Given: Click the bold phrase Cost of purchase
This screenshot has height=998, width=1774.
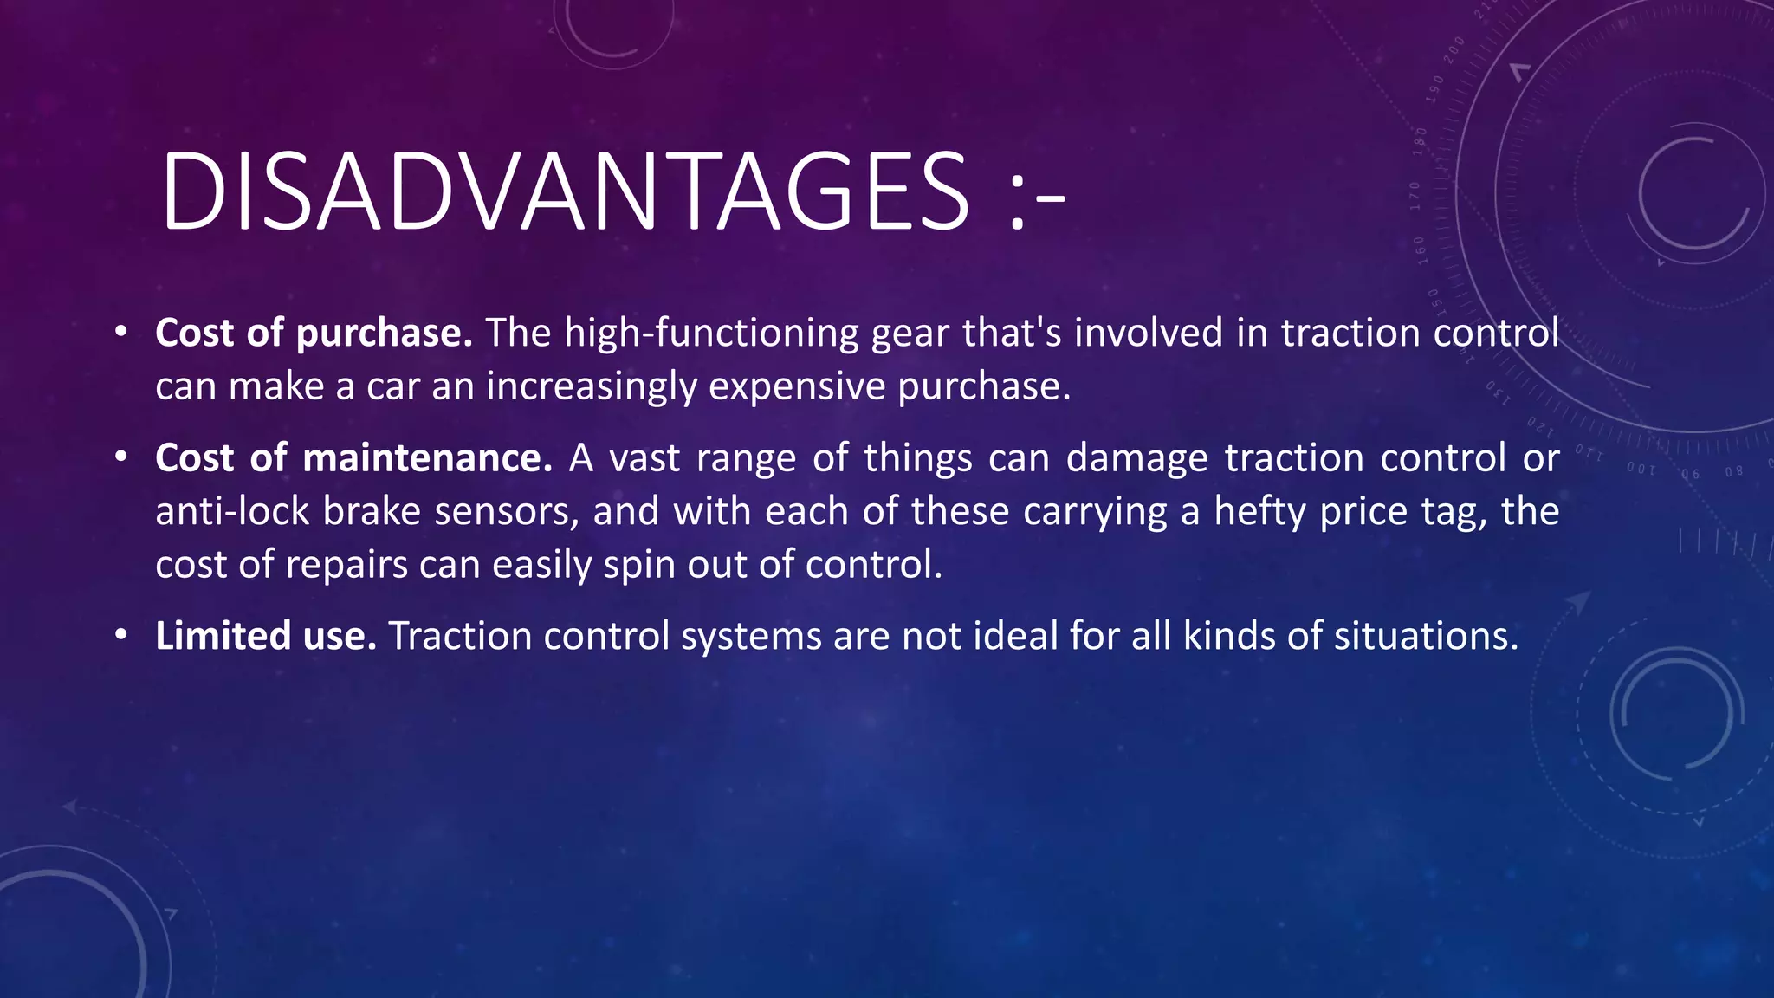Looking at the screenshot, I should (314, 333).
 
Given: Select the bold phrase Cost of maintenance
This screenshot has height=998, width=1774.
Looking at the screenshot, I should (353, 457).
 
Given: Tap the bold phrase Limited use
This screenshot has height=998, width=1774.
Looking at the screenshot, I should (265, 636).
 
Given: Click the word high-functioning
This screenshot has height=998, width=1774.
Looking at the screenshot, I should (711, 333).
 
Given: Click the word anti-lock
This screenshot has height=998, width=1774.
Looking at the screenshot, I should (232, 511).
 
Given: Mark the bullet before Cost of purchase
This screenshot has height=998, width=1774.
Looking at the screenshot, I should (121, 333).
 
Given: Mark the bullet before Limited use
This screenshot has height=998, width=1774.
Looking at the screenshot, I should (121, 636).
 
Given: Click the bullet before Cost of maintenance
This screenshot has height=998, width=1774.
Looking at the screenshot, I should (121, 457).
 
